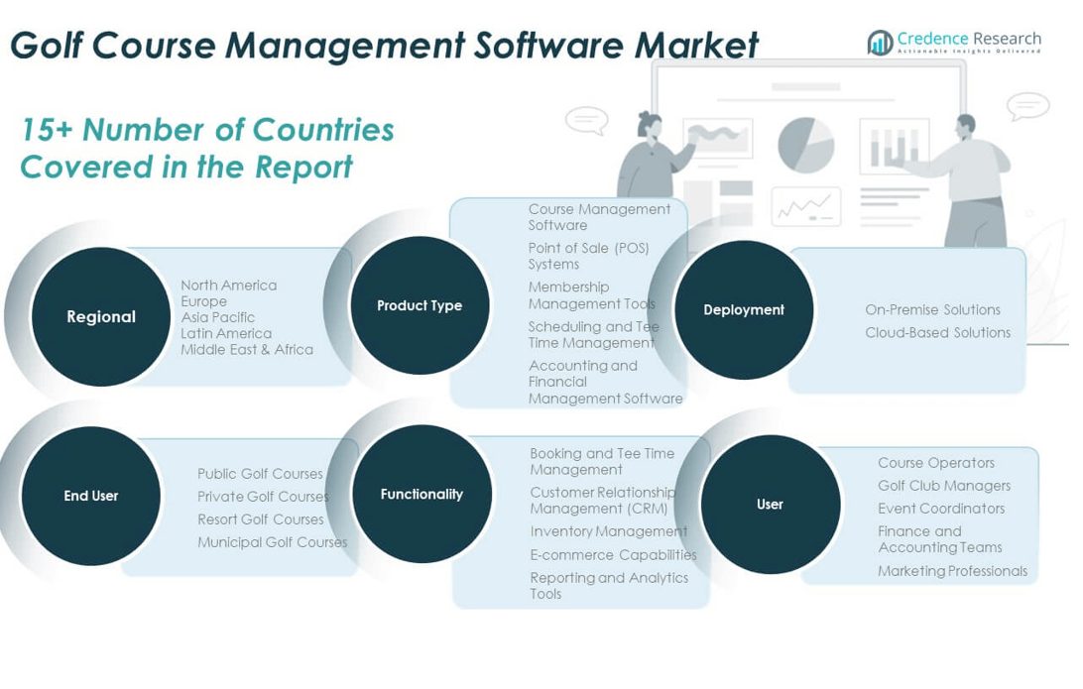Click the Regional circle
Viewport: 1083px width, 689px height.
[x=101, y=317]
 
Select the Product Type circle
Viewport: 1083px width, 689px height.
[x=420, y=305]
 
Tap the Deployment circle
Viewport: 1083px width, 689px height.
[x=744, y=309]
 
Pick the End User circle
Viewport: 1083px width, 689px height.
[x=91, y=496]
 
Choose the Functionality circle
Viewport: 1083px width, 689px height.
[x=421, y=494]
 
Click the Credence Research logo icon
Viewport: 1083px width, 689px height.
[x=880, y=43]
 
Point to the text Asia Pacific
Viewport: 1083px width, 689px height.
[x=217, y=317]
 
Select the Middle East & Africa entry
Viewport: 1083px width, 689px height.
[x=246, y=349]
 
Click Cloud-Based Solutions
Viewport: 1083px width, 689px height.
[x=937, y=332]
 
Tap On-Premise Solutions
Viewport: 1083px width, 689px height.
[x=932, y=309]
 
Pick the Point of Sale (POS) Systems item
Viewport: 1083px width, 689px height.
[x=588, y=256]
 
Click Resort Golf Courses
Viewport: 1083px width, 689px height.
[x=260, y=518]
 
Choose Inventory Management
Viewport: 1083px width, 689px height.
[x=608, y=531]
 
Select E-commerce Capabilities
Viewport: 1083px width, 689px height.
[x=613, y=554]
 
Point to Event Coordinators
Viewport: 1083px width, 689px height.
[x=940, y=508]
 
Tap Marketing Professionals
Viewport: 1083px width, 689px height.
[x=952, y=570]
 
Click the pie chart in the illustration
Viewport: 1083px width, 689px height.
[x=805, y=145]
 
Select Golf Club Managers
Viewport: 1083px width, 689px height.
[x=943, y=485]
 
